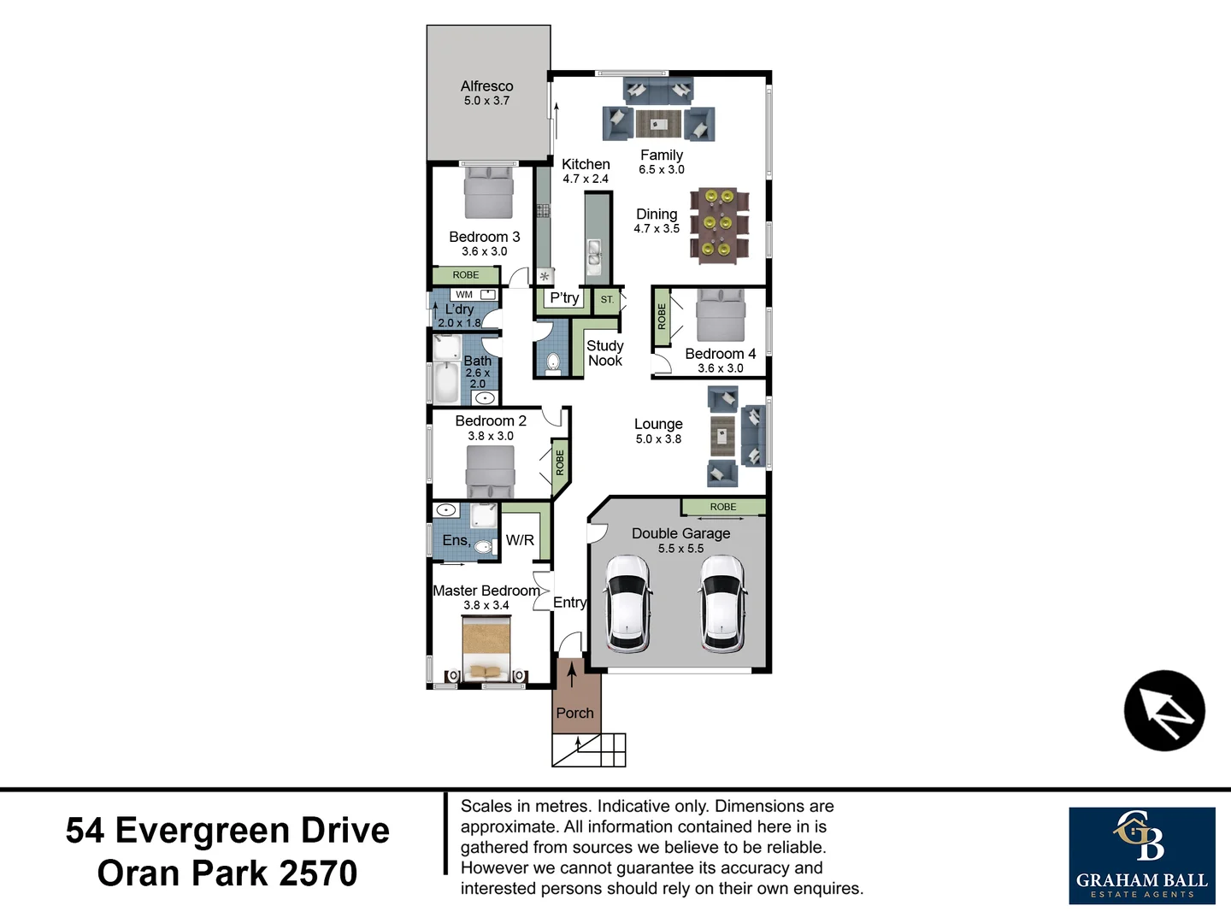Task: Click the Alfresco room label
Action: point(486,86)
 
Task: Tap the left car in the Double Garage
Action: point(628,603)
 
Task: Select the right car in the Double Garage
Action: point(722,603)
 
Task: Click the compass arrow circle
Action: point(1163,710)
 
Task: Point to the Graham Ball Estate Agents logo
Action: point(1141,855)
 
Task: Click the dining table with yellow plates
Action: point(717,223)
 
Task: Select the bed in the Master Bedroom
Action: point(486,649)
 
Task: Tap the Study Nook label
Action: point(604,353)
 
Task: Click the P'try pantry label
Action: point(564,298)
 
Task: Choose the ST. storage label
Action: point(607,300)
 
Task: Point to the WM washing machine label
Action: point(464,295)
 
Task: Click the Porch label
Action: point(574,713)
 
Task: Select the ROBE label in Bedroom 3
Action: point(466,275)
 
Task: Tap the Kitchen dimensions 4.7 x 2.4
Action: point(586,179)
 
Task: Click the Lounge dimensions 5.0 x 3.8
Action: point(658,439)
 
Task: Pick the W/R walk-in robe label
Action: point(520,540)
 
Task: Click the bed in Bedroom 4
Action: point(721,315)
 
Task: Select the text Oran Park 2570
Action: point(227,873)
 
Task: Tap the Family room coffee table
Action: point(657,124)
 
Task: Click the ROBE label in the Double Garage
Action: point(723,507)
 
